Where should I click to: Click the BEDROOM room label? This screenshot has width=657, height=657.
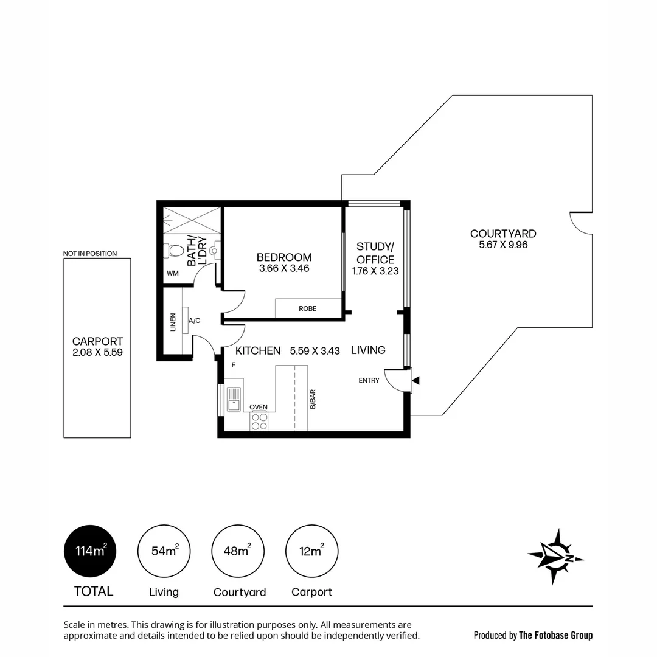coord(283,257)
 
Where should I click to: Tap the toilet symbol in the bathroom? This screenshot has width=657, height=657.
coord(175,250)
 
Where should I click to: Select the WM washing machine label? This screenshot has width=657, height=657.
coord(173,274)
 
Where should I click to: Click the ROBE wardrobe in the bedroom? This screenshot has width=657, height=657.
coord(308,308)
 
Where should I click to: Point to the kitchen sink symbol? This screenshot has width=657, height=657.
coord(234,399)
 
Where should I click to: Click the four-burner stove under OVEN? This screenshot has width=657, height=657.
coord(260,421)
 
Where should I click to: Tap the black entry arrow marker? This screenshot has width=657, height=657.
coord(416,381)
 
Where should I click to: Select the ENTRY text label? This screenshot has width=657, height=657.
coord(369,381)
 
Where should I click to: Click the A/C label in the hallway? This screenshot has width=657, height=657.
coord(195,321)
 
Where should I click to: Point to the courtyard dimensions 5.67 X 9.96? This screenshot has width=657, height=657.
coord(502,245)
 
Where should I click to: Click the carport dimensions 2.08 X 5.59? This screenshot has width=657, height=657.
coord(97,352)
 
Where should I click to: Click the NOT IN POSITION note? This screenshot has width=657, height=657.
coord(90,254)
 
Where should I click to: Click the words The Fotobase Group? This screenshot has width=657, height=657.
coord(555,635)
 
